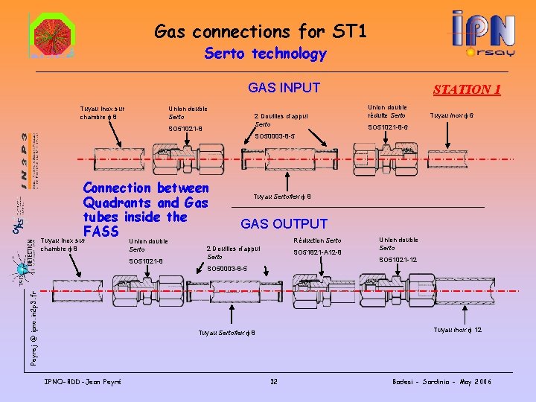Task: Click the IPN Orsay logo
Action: pyautogui.click(x=484, y=34)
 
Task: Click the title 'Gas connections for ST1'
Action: pyautogui.click(x=261, y=31)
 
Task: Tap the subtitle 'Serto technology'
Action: pyautogui.click(x=266, y=54)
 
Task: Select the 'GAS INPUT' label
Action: pyautogui.click(x=284, y=88)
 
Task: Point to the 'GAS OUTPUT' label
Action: pyautogui.click(x=284, y=223)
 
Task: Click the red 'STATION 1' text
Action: pyautogui.click(x=467, y=90)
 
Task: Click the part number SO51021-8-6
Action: pyautogui.click(x=387, y=127)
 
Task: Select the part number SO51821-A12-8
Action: pyautogui.click(x=317, y=252)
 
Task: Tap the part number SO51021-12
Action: pyautogui.click(x=398, y=260)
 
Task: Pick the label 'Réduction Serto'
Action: pyautogui.click(x=317, y=240)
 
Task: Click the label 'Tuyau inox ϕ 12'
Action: pyautogui.click(x=458, y=330)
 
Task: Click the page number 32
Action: pyautogui.click(x=274, y=382)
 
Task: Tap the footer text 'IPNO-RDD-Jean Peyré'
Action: pyautogui.click(x=84, y=382)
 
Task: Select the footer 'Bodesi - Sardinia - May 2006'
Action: pyautogui.click(x=442, y=382)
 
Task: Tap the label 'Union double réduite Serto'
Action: pyautogui.click(x=387, y=111)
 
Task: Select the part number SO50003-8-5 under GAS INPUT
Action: pyautogui.click(x=275, y=137)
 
